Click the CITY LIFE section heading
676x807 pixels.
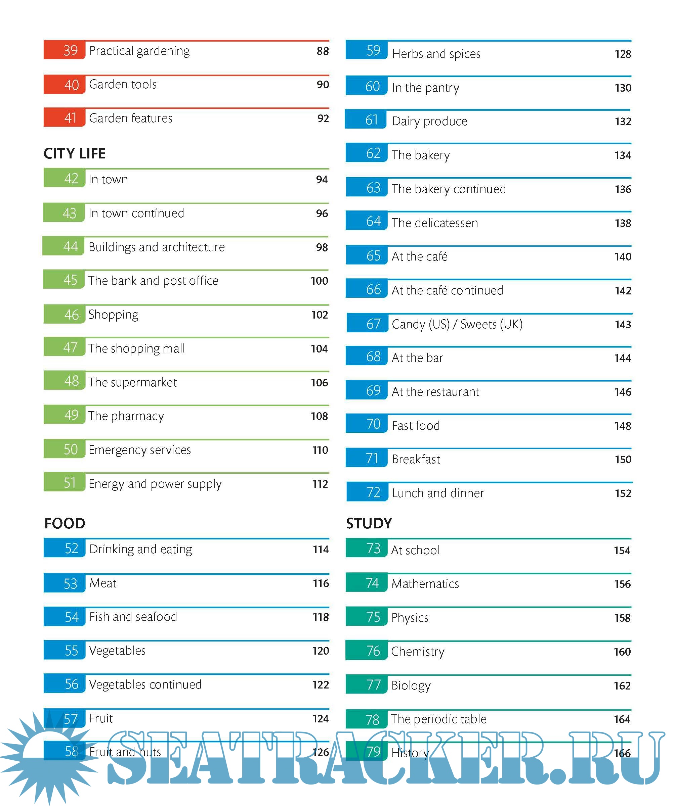(74, 154)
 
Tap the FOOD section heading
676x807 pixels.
(65, 523)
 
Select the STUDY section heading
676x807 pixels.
(369, 523)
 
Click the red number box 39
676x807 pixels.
(65, 50)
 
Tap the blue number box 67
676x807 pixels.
(367, 324)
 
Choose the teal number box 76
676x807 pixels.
(367, 651)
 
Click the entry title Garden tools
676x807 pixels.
(123, 85)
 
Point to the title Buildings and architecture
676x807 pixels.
(157, 247)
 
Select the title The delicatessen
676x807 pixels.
(435, 223)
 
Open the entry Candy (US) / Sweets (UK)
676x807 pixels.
(457, 324)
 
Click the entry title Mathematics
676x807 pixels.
(425, 584)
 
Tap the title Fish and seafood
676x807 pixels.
(133, 617)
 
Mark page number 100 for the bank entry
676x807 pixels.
(320, 281)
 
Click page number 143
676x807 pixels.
(623, 325)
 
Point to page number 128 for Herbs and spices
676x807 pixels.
(623, 54)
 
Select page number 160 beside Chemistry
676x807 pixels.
(622, 652)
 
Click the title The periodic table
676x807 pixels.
(439, 719)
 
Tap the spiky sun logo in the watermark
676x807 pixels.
(44, 757)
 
